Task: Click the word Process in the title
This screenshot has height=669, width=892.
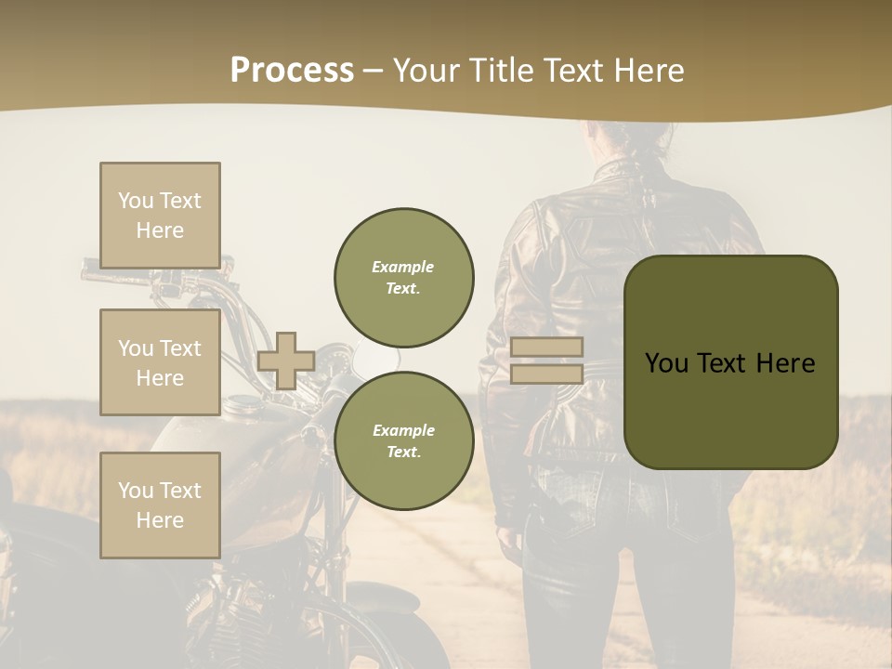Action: [x=292, y=71]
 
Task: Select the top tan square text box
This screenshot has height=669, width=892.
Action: [x=160, y=216]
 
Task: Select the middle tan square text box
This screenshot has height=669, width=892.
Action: [x=160, y=362]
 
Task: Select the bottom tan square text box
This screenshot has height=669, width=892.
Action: [x=160, y=505]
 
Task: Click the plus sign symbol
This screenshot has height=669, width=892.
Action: [x=286, y=361]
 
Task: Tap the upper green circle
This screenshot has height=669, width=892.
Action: [x=403, y=277]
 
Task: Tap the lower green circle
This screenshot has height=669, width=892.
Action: [x=403, y=440]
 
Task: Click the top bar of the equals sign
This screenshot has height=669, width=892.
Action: [x=546, y=348]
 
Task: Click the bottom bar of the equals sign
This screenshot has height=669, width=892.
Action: [x=546, y=374]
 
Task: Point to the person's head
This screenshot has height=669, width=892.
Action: [x=632, y=139]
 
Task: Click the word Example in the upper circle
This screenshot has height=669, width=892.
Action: [x=403, y=267]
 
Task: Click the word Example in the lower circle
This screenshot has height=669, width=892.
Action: [x=403, y=430]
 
